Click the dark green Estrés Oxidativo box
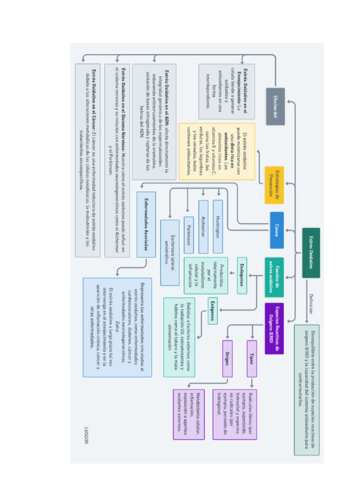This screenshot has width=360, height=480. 311,253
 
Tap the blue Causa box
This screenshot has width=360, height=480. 277,230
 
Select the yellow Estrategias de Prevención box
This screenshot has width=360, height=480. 274,185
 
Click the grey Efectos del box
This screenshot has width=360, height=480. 275,106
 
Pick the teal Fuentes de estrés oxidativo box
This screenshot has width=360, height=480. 274,277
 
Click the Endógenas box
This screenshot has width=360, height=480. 242,275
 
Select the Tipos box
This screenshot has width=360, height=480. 252,359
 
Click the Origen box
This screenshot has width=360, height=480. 227,359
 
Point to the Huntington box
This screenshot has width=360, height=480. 217,226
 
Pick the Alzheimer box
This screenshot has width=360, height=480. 203,226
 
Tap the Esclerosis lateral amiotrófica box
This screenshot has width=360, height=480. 170,253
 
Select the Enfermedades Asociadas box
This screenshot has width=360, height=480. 146,224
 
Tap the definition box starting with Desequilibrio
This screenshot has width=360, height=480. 307,390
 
